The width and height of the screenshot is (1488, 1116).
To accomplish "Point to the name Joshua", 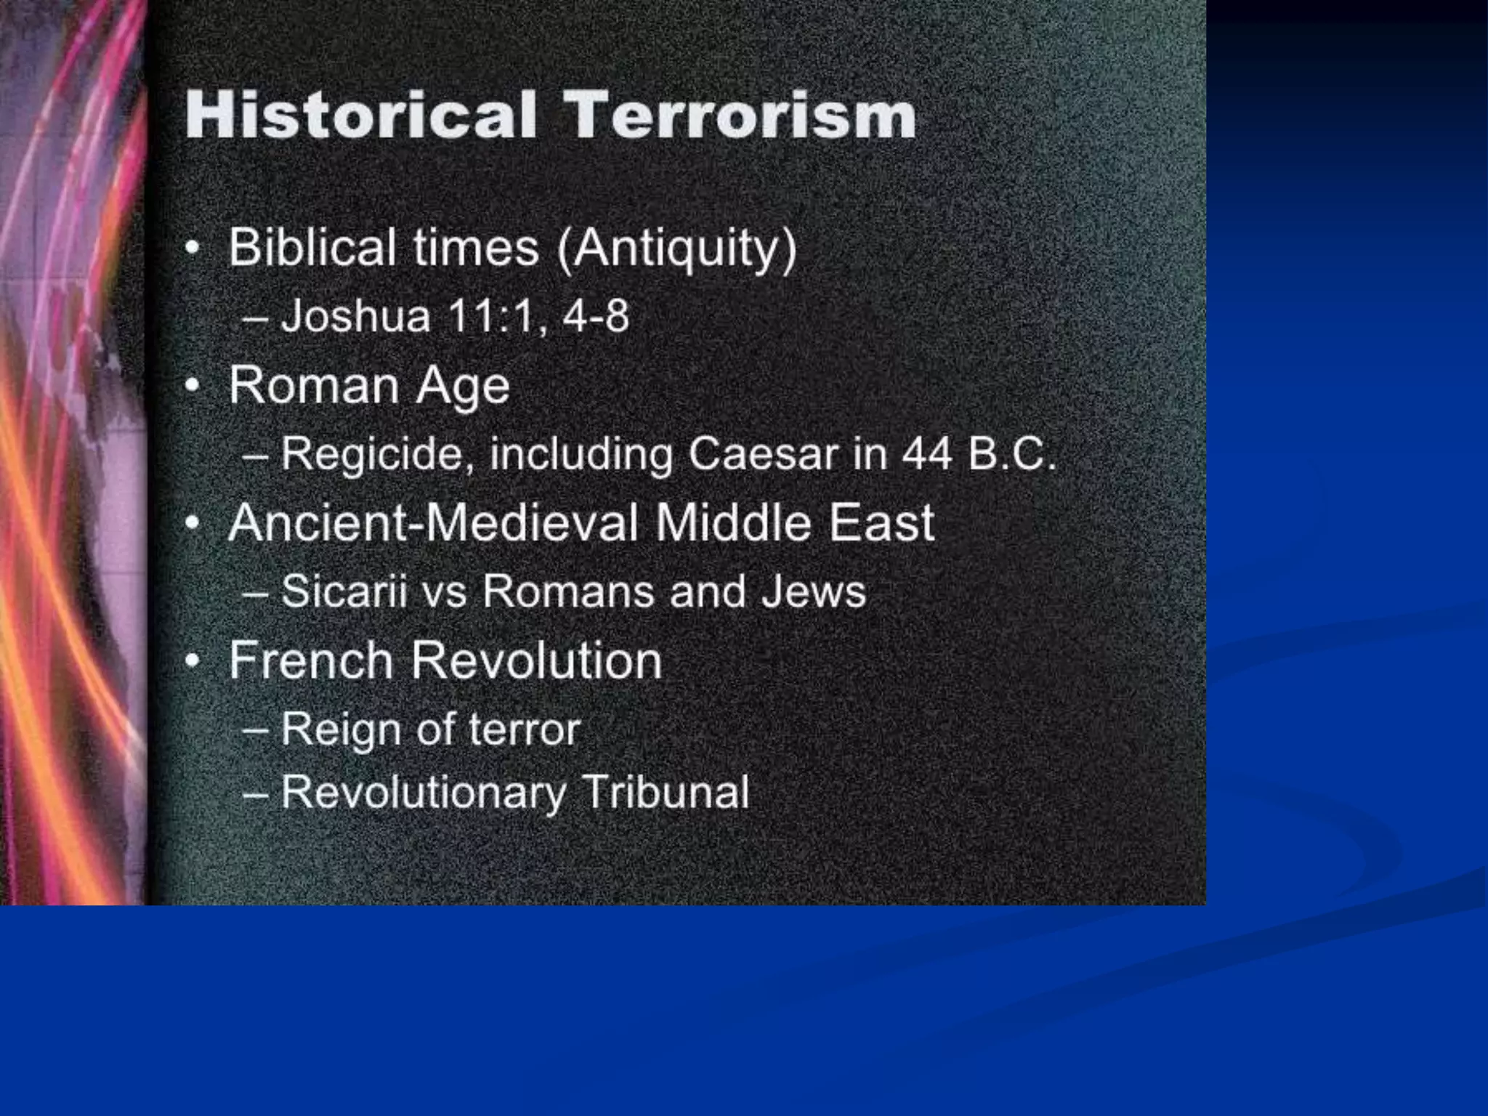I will (x=356, y=316).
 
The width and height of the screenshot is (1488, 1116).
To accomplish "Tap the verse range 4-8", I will (x=596, y=316).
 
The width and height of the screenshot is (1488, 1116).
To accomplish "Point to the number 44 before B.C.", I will (x=927, y=454).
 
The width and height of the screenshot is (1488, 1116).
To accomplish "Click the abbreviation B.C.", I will (x=1012, y=454).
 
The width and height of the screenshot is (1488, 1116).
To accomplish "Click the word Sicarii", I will (x=344, y=591).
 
